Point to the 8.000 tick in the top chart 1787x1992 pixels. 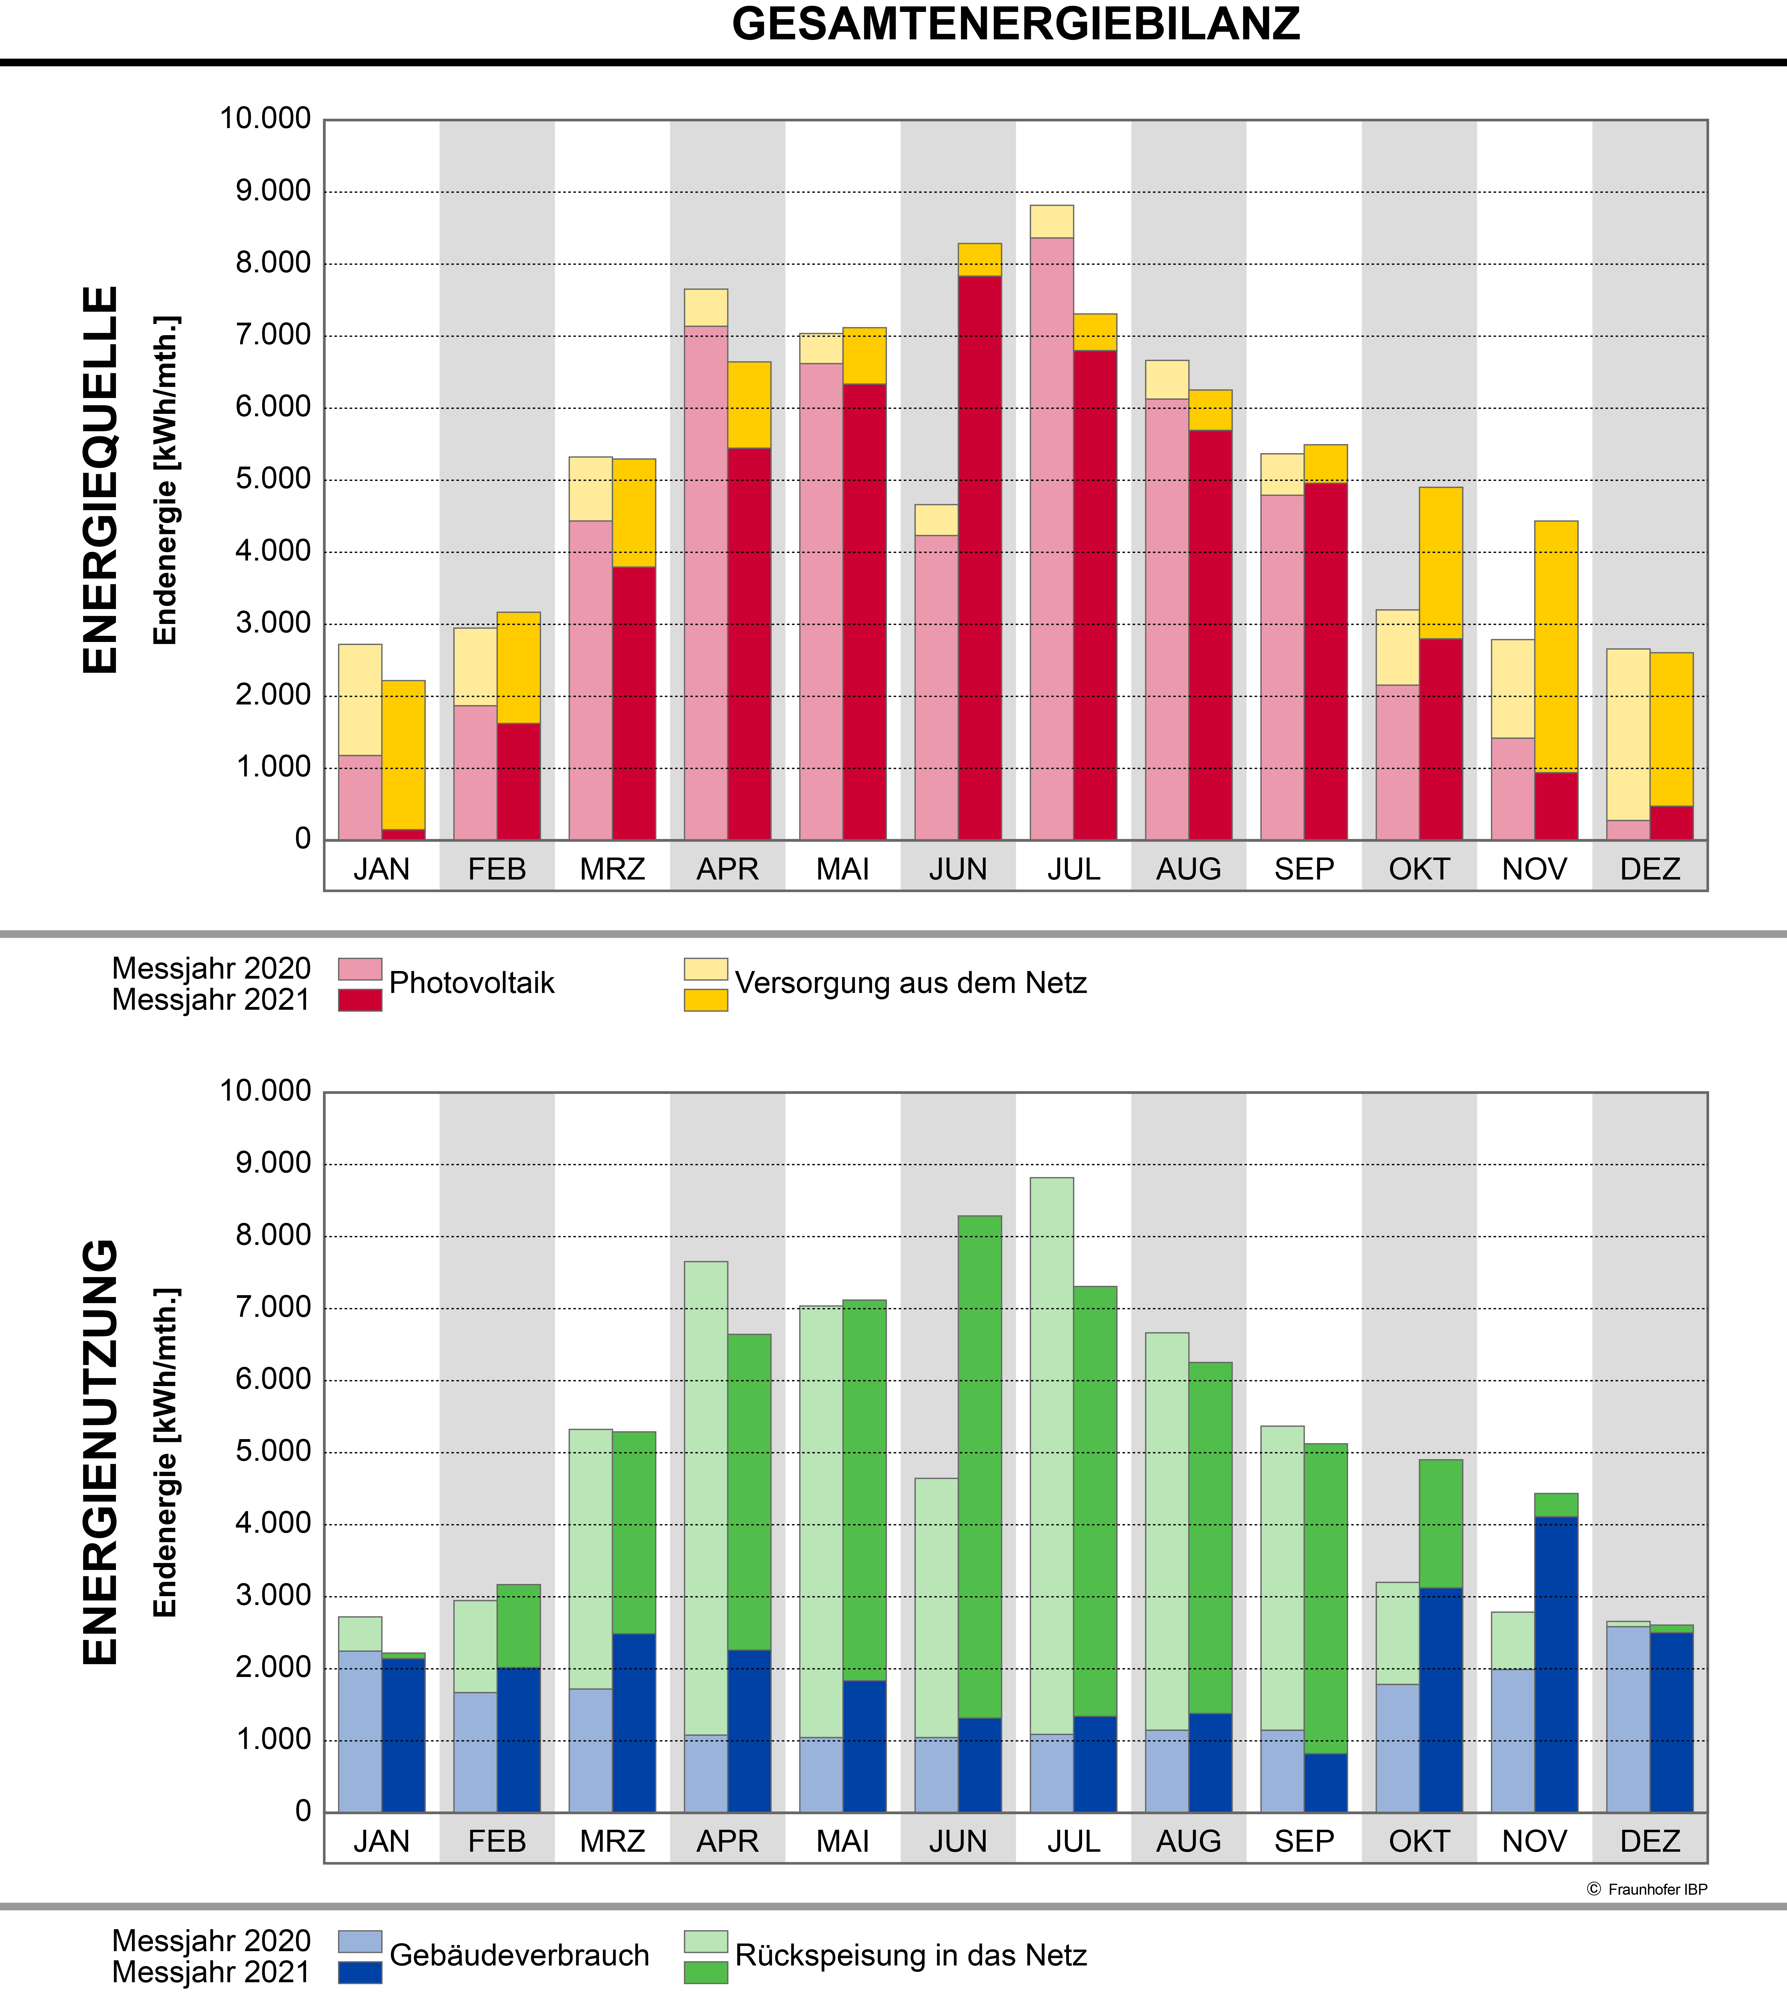tap(273, 263)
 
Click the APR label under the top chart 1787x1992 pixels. tap(728, 869)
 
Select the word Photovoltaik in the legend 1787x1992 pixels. tap(471, 983)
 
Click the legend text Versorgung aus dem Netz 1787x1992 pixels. tap(910, 983)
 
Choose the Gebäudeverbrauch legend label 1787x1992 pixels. tap(520, 1955)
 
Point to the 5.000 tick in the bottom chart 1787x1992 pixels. tap(273, 1451)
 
